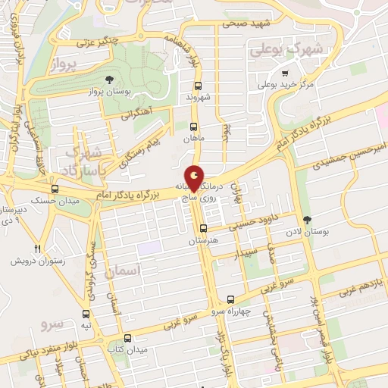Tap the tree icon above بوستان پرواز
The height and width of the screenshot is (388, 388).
pos(110,80)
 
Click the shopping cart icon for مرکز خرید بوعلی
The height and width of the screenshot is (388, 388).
pos(285,74)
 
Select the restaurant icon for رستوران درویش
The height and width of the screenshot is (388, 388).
pos(37,249)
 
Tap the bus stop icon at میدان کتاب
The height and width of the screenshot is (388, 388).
pos(127,338)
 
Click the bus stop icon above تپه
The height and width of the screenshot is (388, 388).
pos(86,313)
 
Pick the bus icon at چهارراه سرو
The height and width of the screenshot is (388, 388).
pos(230,299)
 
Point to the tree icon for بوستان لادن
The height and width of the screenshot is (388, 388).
pos(306,221)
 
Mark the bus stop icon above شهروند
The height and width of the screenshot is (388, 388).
pos(198,86)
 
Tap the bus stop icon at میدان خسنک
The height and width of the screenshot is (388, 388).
pos(54,189)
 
